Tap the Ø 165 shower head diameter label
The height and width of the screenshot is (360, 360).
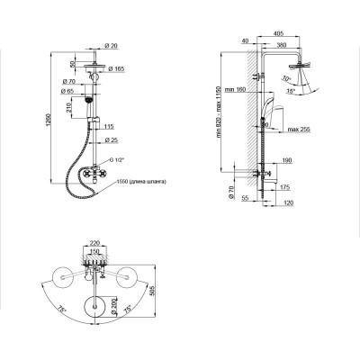pyautogui.click(x=118, y=69)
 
